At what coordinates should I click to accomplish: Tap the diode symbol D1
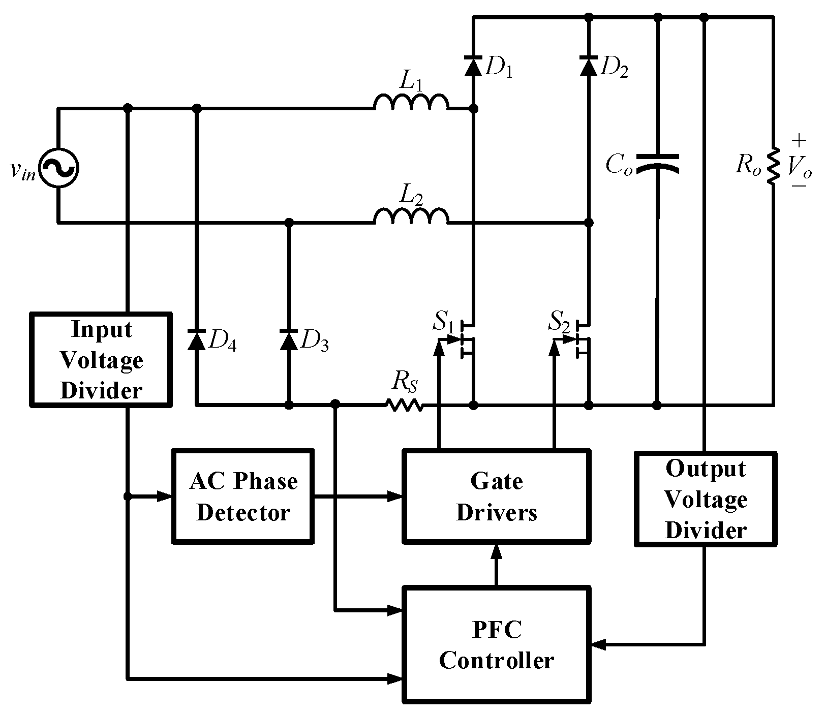(x=473, y=67)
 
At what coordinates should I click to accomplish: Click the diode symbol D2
(x=589, y=67)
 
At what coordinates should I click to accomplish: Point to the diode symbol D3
(x=289, y=339)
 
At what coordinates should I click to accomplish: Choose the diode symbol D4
(x=197, y=339)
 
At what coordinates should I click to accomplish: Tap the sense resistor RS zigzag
(x=404, y=405)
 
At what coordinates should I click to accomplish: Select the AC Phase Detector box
(x=242, y=496)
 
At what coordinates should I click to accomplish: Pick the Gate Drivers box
(x=496, y=496)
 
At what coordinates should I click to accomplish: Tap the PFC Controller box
(x=496, y=644)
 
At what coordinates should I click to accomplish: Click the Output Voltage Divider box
(x=706, y=499)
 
